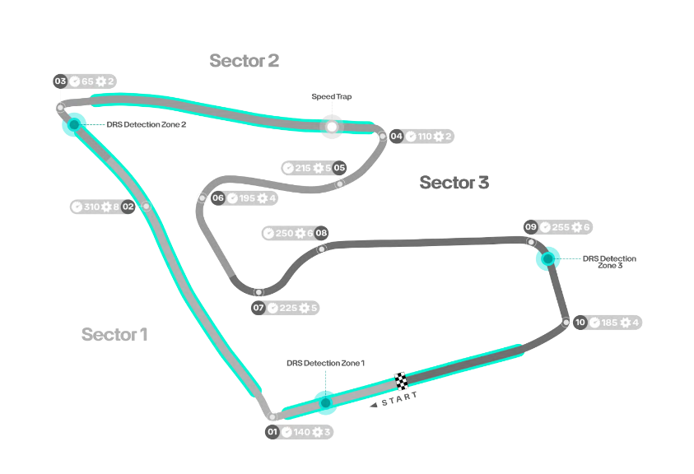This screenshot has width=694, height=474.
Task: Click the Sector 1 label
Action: point(114,334)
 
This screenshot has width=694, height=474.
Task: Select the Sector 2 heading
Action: point(244,60)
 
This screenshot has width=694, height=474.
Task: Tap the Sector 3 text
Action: point(454,182)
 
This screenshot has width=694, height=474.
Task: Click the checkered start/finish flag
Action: point(402,381)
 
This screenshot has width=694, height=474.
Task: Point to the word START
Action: point(399,398)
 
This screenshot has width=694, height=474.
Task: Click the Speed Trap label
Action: point(331,96)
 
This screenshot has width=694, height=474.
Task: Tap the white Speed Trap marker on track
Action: point(332,127)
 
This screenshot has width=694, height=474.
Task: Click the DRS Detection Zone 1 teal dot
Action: point(325,402)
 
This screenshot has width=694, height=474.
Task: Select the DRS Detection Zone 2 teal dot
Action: point(74,124)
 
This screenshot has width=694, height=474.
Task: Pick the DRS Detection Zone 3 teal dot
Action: point(547,259)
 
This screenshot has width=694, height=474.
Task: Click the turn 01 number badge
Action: point(272,431)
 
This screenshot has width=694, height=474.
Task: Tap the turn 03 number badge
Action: point(60,81)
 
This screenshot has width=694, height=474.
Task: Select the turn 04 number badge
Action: point(397,137)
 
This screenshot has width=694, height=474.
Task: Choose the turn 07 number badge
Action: point(259,308)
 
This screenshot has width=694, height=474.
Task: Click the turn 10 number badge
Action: point(580,323)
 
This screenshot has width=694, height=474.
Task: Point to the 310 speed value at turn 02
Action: point(91,207)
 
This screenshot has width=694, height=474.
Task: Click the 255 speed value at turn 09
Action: point(561,227)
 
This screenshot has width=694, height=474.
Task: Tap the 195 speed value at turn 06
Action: point(248,198)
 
